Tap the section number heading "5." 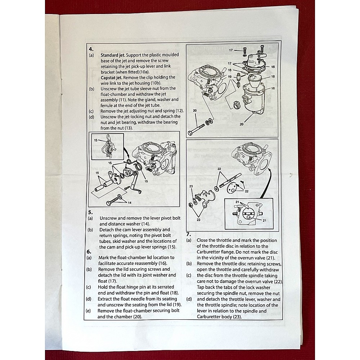[x=90, y=212]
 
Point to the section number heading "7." [x=188, y=234]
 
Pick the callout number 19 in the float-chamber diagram [x=230, y=77]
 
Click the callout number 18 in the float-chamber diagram [x=273, y=77]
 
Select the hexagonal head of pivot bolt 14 [x=109, y=203]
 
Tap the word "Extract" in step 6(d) [x=107, y=299]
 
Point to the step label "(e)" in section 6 [x=89, y=310]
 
